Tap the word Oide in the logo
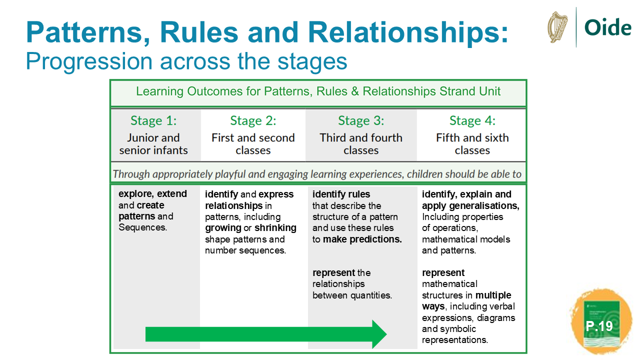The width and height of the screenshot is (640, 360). [x=607, y=27]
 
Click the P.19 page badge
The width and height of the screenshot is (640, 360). [x=599, y=326]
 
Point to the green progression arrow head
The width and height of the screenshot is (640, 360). [x=378, y=333]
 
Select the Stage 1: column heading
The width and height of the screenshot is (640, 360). [x=153, y=120]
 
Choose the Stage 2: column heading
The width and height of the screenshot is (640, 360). [x=253, y=120]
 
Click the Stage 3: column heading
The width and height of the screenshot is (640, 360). [x=361, y=120]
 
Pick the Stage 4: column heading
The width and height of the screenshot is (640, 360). [x=472, y=120]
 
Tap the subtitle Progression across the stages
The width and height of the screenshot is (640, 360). [x=186, y=61]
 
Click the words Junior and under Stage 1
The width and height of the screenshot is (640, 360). [x=153, y=137]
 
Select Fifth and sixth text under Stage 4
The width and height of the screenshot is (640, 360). [x=472, y=137]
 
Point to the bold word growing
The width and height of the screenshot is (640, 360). [x=223, y=228]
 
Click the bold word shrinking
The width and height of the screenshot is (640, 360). [x=275, y=228]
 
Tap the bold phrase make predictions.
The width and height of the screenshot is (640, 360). [x=362, y=239]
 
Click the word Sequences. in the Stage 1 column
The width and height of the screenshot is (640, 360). [x=142, y=227]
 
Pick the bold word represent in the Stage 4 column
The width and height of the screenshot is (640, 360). [x=443, y=272]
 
